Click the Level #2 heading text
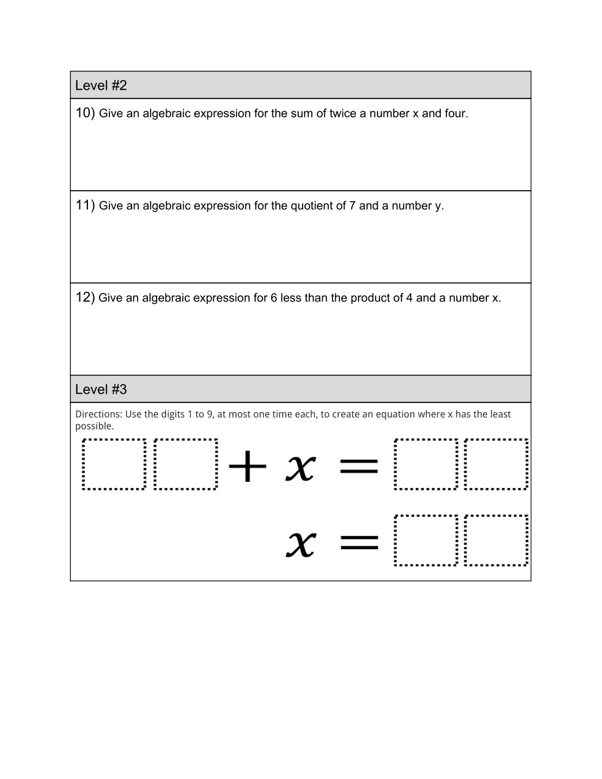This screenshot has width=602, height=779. [101, 86]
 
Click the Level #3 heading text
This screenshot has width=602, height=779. [101, 389]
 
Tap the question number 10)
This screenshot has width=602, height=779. [85, 113]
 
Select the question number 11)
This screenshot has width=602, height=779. [85, 205]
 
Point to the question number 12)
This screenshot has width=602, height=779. [85, 297]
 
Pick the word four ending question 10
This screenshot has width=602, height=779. [455, 113]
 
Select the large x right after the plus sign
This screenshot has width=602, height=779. [301, 468]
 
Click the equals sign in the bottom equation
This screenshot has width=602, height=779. [359, 542]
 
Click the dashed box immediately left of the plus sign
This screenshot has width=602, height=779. [186, 464]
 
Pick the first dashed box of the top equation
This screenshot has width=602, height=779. [114, 464]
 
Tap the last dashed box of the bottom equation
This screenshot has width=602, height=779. [496, 540]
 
